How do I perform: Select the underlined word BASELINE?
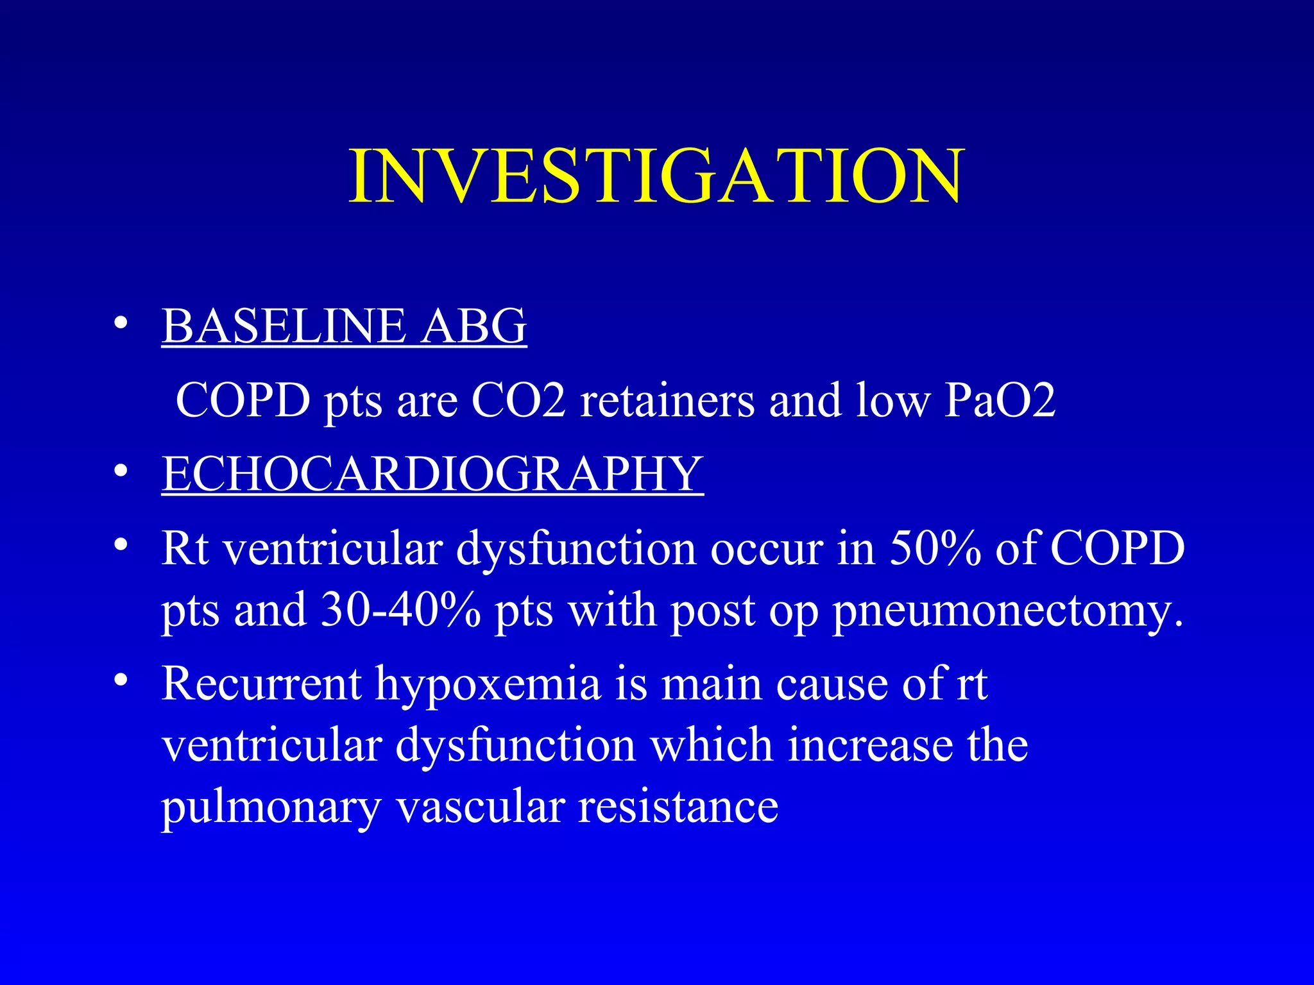(283, 326)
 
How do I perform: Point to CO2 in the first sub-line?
(518, 400)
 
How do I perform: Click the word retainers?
(667, 400)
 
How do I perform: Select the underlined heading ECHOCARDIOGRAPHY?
(432, 474)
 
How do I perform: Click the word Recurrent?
(262, 684)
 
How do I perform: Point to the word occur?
(766, 550)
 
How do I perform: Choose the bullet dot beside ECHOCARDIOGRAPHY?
(120, 471)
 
